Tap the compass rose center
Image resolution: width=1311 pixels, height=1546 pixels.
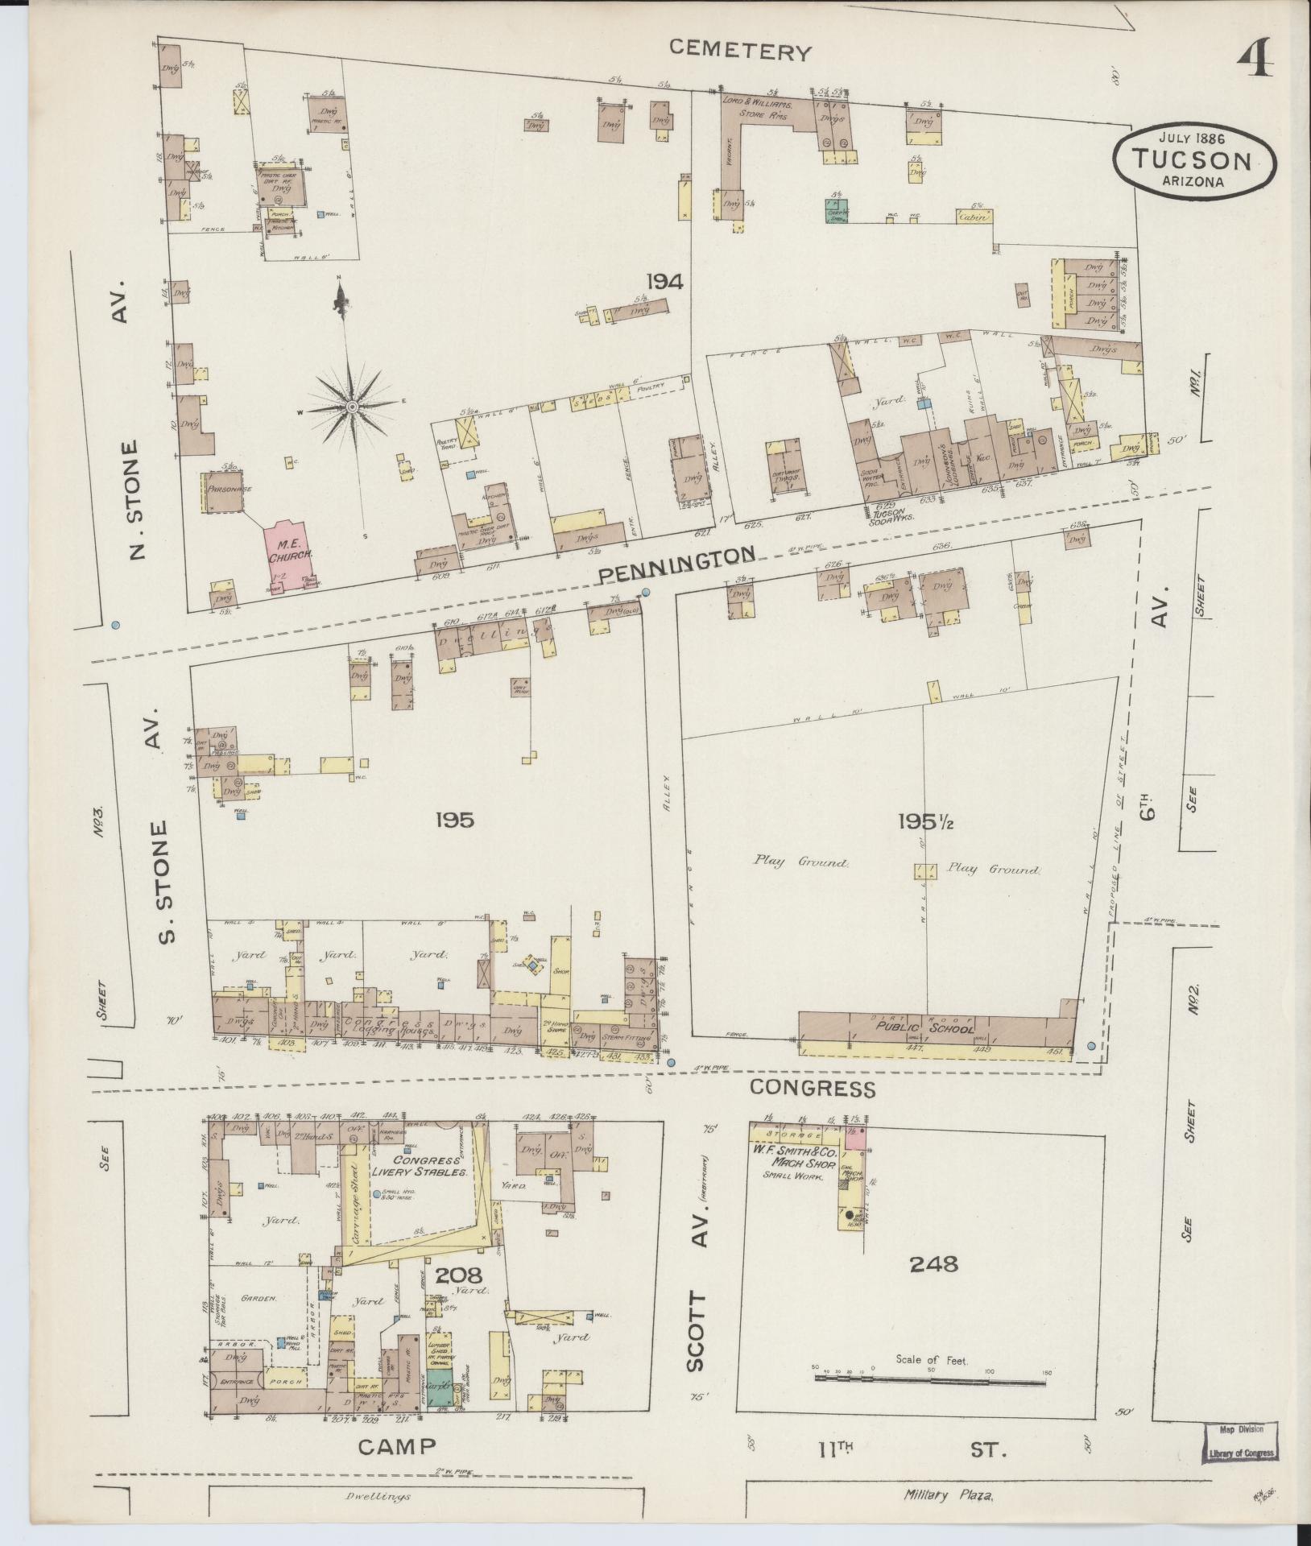(352, 408)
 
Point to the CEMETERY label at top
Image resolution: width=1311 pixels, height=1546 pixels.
(740, 52)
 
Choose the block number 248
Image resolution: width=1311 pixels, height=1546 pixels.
(934, 1264)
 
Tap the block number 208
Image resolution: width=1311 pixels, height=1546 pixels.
(458, 1275)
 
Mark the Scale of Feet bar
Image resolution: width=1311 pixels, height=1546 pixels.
(929, 1380)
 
